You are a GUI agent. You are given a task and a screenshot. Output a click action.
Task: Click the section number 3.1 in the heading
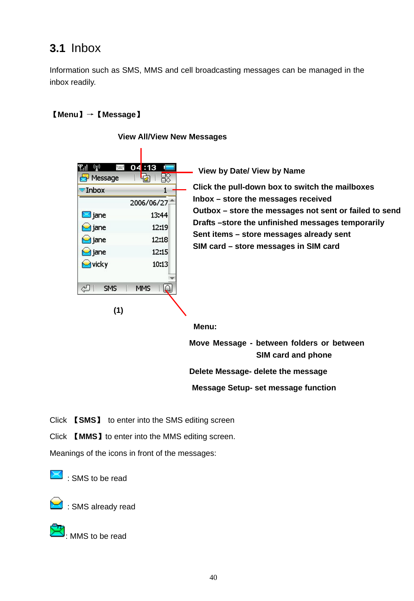(57, 48)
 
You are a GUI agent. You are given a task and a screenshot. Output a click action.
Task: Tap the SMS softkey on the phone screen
(110, 288)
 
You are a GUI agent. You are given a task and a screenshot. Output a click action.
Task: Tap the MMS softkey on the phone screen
(143, 288)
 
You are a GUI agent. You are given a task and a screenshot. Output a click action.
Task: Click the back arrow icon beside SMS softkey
(85, 288)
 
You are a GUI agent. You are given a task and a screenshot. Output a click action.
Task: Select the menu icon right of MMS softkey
(168, 288)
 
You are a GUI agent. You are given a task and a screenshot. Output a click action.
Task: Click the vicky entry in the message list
(100, 264)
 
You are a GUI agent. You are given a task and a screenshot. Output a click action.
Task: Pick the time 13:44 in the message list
(159, 215)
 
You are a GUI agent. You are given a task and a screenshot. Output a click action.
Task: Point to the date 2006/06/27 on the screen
(149, 203)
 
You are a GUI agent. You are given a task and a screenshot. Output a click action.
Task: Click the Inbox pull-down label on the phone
(95, 190)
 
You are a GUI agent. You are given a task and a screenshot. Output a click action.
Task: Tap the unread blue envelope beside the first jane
(86, 215)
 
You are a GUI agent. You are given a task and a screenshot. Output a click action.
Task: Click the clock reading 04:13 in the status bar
(143, 167)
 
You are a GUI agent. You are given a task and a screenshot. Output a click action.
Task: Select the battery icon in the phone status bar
(169, 167)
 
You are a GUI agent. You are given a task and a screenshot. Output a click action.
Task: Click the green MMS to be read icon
(57, 531)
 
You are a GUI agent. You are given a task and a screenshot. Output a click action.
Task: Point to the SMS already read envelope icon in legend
(56, 503)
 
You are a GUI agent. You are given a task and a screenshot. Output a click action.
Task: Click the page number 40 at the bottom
(213, 577)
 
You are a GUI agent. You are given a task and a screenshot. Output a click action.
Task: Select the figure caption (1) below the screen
(118, 310)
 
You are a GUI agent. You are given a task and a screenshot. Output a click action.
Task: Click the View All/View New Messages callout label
(172, 137)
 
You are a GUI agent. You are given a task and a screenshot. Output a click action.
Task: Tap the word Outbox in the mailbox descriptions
(207, 211)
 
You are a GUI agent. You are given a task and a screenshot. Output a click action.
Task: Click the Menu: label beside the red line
(205, 327)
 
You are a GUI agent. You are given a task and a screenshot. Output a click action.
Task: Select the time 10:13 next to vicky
(160, 264)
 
